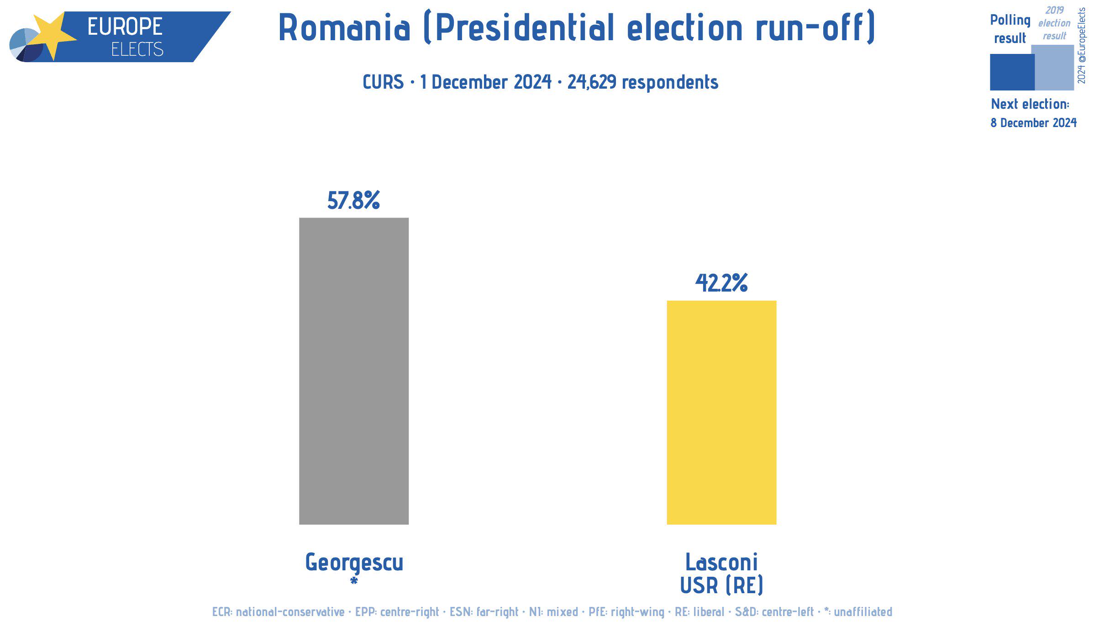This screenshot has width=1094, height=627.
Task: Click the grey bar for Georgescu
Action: tap(354, 371)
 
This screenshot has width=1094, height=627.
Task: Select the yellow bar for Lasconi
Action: tap(721, 412)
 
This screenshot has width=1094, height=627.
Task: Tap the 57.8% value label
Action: tap(353, 200)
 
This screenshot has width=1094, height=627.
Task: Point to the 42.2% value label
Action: tap(721, 283)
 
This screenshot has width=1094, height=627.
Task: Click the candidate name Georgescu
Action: tap(354, 562)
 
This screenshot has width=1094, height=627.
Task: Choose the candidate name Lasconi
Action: tap(721, 562)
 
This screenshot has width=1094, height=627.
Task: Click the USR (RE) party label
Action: tap(721, 585)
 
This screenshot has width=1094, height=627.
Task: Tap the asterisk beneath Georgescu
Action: tap(354, 581)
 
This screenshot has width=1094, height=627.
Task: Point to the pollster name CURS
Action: tap(383, 82)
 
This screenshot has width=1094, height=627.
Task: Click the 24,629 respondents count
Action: tap(643, 82)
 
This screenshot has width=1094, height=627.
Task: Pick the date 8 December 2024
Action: tap(1033, 122)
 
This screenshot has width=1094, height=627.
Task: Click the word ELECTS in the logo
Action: tap(137, 49)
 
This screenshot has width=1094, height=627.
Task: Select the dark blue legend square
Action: tap(1012, 72)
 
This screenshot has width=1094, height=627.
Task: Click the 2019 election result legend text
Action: tap(1054, 23)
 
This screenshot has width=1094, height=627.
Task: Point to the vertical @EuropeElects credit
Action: tap(1081, 46)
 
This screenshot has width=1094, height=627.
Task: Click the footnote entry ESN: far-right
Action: tap(484, 611)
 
